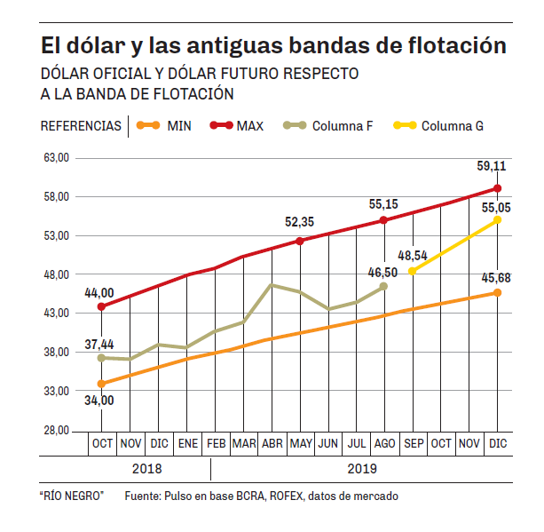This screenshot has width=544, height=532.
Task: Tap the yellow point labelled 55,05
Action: (497, 219)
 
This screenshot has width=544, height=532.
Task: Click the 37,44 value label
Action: (99, 344)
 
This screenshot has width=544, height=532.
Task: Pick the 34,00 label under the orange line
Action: (99, 401)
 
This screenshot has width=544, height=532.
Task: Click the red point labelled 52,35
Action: (299, 241)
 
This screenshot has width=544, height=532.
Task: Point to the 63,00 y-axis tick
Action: (55, 157)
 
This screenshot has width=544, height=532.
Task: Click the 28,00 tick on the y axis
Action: (55, 430)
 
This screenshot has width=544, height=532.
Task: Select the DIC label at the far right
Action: (497, 442)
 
